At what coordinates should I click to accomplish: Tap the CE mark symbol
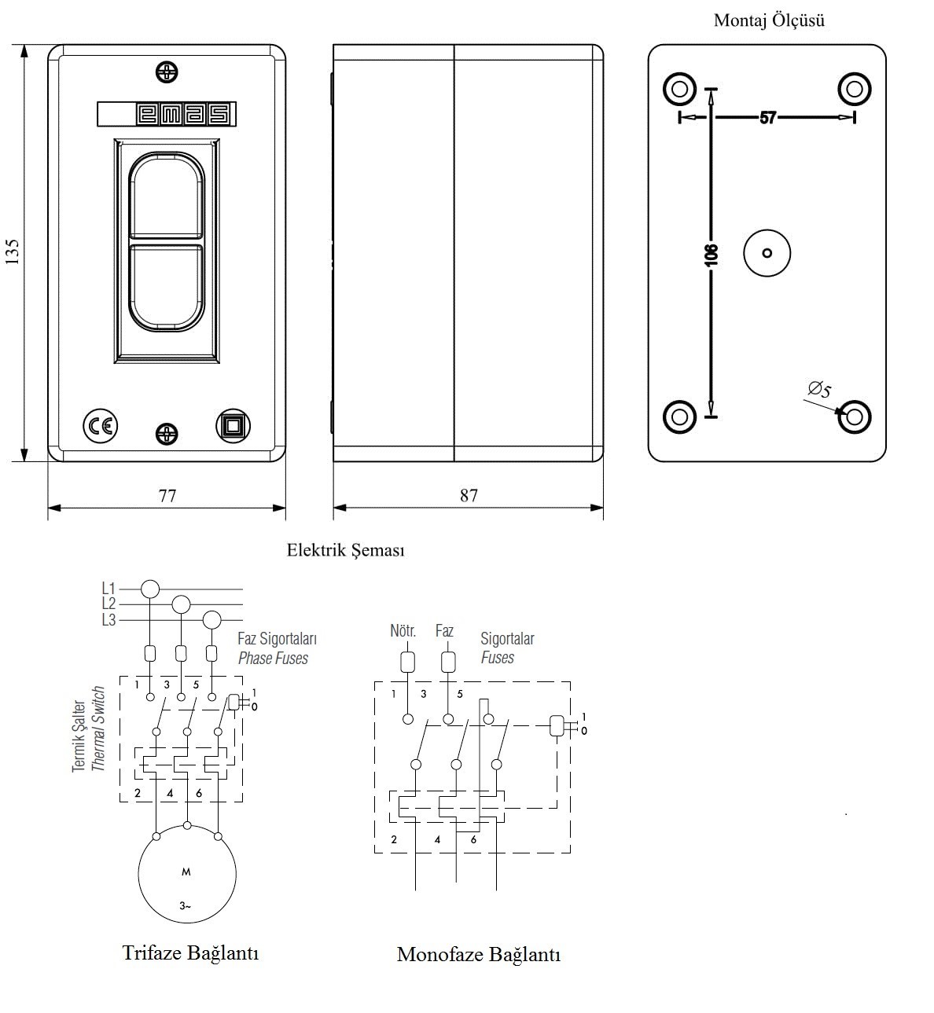click(100, 426)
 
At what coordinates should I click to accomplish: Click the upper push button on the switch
click(167, 196)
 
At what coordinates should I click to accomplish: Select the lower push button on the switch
click(167, 286)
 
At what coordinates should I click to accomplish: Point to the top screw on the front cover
click(167, 72)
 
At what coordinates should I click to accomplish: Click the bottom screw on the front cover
click(167, 433)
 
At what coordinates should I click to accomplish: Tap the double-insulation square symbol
click(233, 426)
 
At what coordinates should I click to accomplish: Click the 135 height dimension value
click(13, 251)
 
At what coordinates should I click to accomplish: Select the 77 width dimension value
click(167, 496)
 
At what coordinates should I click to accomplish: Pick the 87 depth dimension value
click(469, 496)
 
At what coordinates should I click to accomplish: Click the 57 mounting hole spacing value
click(768, 118)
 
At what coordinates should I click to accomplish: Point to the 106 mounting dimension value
click(712, 254)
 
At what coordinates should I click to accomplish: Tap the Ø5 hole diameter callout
click(819, 389)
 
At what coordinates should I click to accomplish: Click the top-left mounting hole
click(680, 88)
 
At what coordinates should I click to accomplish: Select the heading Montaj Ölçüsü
click(769, 21)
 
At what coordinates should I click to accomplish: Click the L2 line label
click(108, 604)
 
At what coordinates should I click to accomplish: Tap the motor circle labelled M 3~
click(186, 874)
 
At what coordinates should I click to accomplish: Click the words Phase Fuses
click(273, 659)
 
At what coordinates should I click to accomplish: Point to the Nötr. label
click(403, 631)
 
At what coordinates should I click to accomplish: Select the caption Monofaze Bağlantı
click(478, 955)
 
